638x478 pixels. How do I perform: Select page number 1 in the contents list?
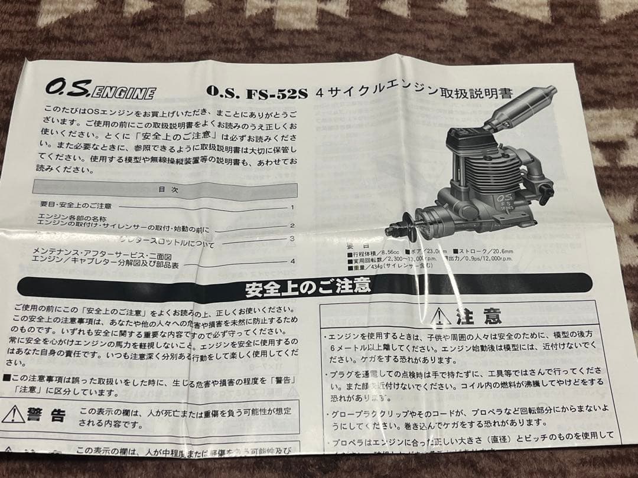(292, 208)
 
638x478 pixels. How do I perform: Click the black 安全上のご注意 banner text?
(308, 289)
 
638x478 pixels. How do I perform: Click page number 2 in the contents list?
(292, 226)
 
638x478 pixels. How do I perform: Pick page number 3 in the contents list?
(292, 238)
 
